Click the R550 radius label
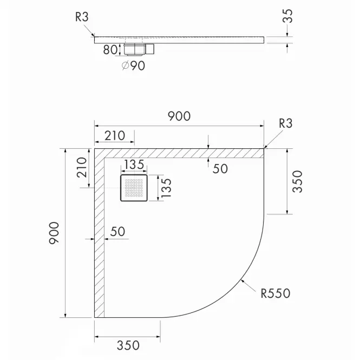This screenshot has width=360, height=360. (x=276, y=293)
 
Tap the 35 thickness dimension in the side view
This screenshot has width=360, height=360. (x=287, y=16)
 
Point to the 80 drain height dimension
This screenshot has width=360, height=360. (x=110, y=50)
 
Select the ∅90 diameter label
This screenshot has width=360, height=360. (x=133, y=66)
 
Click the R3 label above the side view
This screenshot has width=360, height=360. (x=82, y=17)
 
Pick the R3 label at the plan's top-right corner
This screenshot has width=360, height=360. (x=286, y=123)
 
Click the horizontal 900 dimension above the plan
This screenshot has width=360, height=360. (x=179, y=116)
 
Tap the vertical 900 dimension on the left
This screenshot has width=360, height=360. (x=54, y=233)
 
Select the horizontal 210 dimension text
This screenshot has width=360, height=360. (x=115, y=135)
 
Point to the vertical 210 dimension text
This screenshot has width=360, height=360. (x=82, y=167)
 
